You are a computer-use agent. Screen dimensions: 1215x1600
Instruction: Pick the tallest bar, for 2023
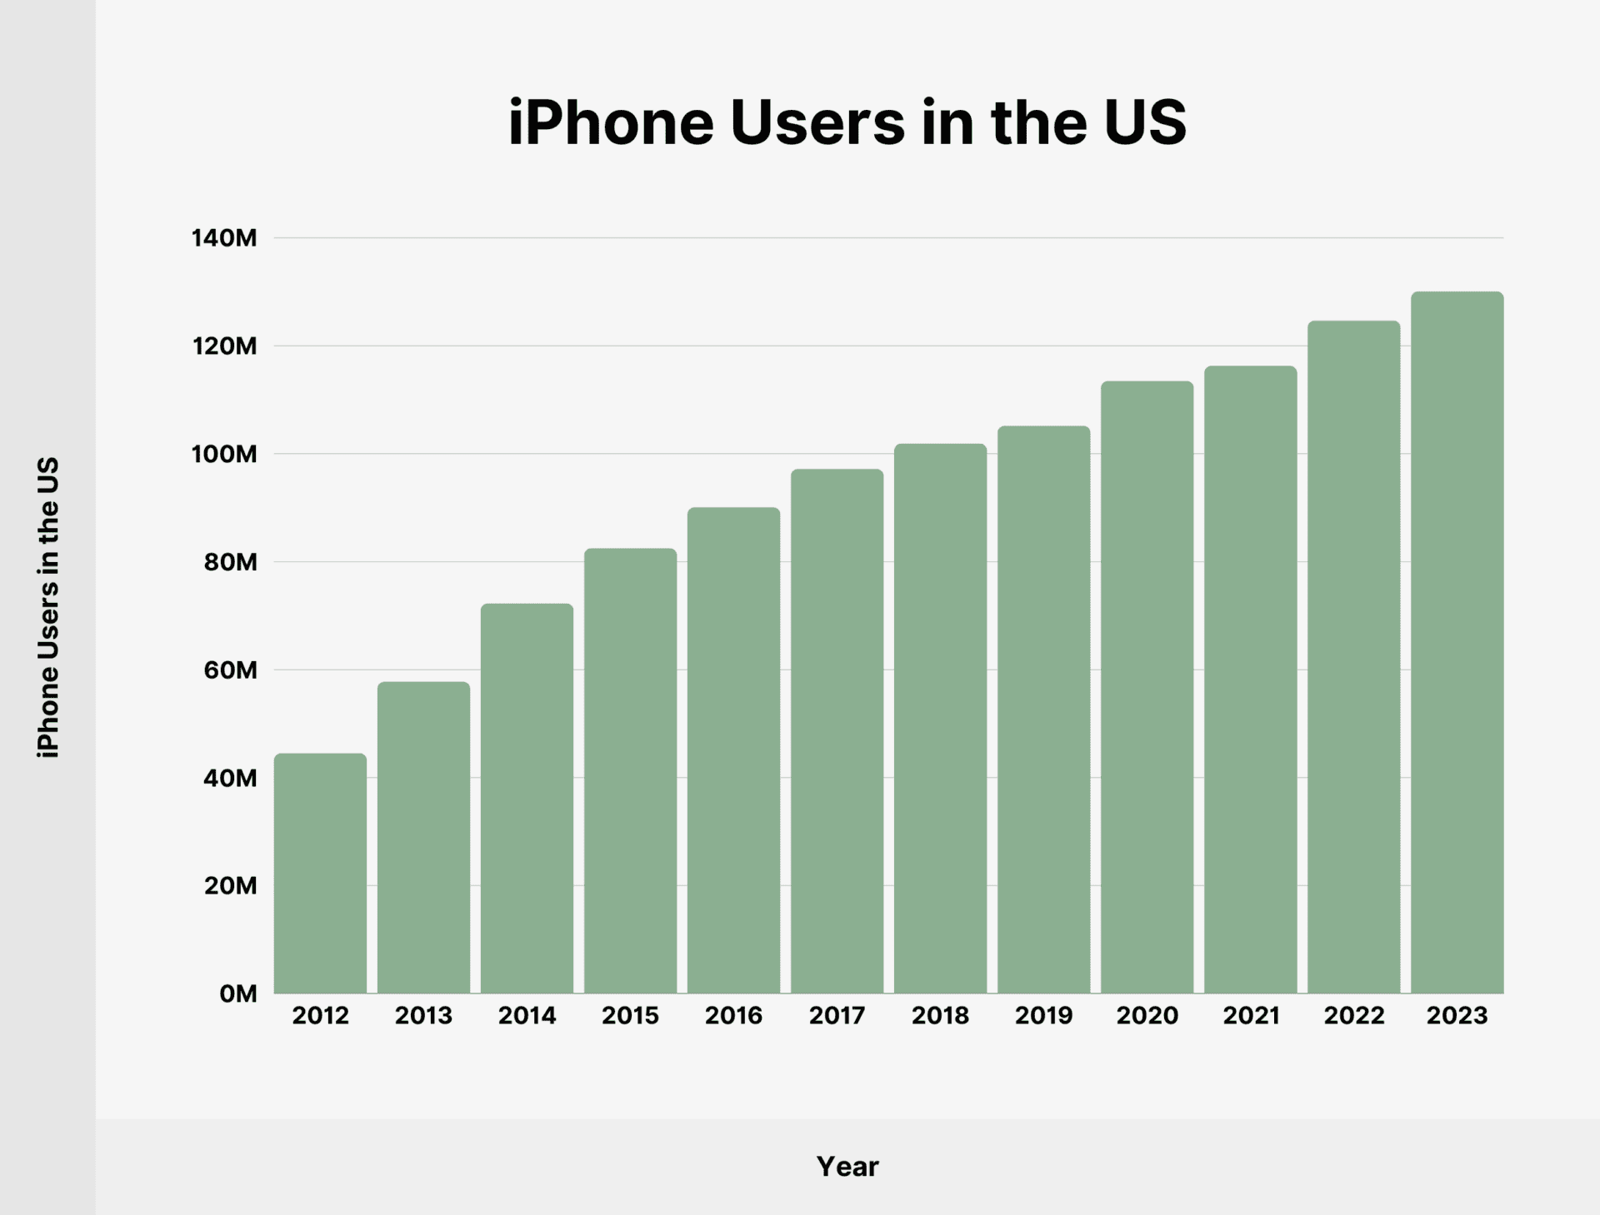[x=1457, y=642]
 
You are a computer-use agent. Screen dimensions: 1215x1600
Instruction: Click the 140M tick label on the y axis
[x=224, y=238]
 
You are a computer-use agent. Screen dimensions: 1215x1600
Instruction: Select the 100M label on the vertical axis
[x=224, y=454]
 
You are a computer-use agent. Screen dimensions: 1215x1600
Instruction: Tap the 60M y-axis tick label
[x=230, y=670]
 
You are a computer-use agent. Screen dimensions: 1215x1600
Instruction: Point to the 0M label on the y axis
[x=237, y=993]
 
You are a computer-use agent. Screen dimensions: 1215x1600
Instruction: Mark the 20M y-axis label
[x=230, y=885]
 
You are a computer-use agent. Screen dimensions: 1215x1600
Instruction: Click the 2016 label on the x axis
[x=733, y=1015]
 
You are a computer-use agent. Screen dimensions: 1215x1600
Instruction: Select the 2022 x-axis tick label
[x=1353, y=1015]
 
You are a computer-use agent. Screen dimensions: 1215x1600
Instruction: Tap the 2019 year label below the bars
[x=1043, y=1015]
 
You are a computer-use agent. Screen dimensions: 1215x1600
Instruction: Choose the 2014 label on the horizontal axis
[x=527, y=1015]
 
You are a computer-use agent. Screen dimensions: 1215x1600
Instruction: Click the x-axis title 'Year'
[x=847, y=1166]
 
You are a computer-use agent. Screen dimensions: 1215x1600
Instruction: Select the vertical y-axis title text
[x=48, y=606]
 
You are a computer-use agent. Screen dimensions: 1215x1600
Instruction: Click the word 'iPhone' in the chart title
[x=611, y=122]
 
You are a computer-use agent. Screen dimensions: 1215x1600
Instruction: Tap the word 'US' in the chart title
[x=1144, y=122]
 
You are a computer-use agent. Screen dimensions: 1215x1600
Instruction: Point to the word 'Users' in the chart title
[x=817, y=122]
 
